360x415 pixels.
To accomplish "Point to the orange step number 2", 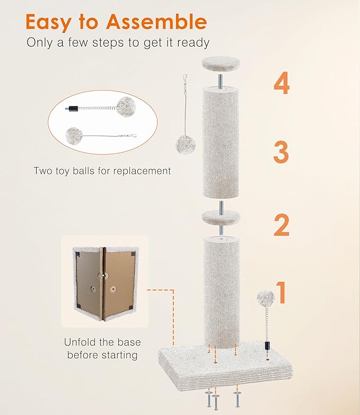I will [x=281, y=225].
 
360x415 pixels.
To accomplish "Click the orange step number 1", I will [x=282, y=292].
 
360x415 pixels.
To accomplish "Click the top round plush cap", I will [x=220, y=64].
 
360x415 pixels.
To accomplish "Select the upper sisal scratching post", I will [x=220, y=141].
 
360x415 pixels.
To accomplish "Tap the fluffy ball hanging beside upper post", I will [x=186, y=144].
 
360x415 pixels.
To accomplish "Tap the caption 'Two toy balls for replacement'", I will [x=102, y=171].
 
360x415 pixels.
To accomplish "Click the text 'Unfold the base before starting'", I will [x=102, y=348].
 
